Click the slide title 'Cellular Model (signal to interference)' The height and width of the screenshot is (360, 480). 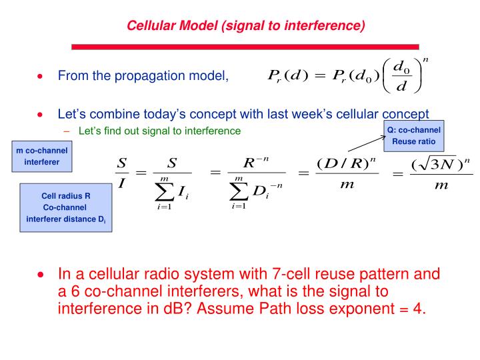tap(246, 26)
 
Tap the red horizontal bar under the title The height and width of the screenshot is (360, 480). tap(245, 47)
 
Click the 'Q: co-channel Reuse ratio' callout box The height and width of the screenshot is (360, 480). tap(413, 135)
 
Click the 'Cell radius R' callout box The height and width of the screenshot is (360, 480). tap(65, 207)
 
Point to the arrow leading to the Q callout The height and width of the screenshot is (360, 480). tap(367, 142)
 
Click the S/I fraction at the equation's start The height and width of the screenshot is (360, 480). tap(122, 173)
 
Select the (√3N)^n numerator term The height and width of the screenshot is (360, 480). tap(441, 163)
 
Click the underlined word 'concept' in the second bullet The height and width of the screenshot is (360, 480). tap(404, 114)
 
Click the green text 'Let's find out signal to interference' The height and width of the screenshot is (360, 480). tap(159, 131)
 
